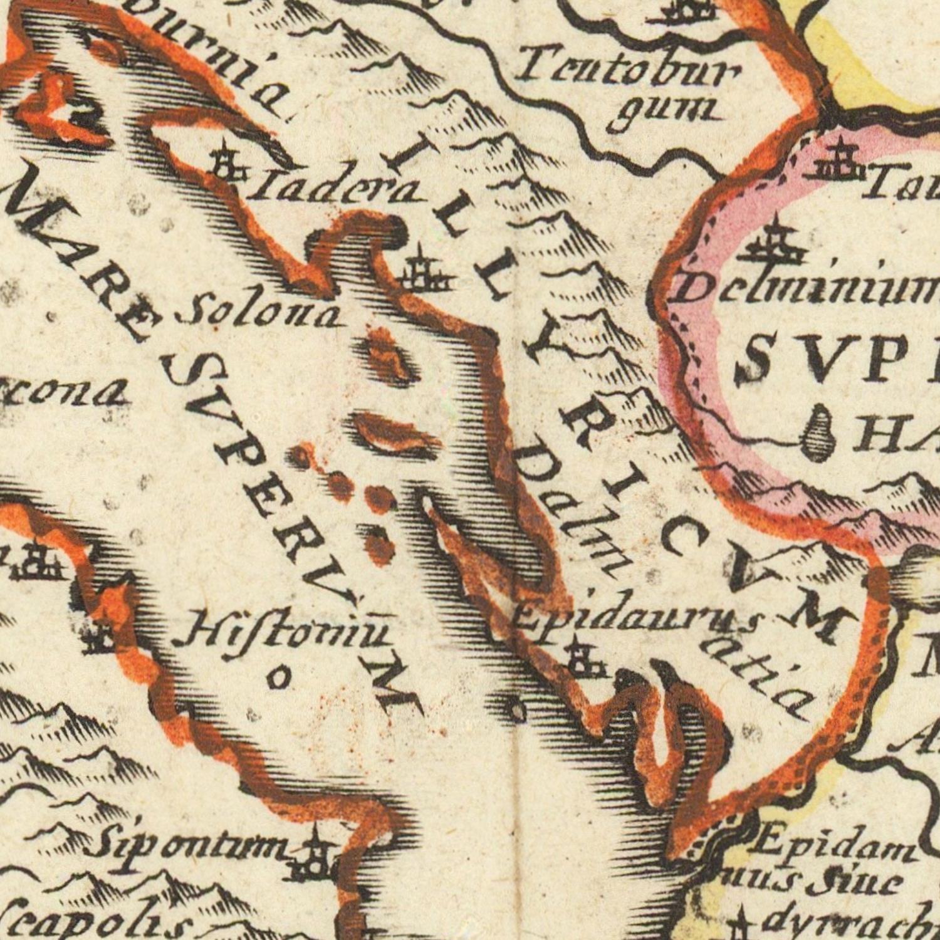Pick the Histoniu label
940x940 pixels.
point(285,630)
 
